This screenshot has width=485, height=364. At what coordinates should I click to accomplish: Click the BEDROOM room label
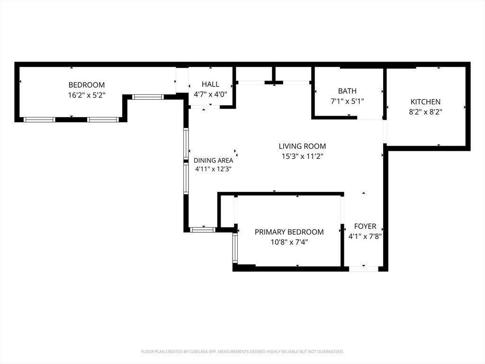[87, 85]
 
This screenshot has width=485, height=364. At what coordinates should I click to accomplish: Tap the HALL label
[210, 84]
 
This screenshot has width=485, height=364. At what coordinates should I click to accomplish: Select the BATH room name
[347, 91]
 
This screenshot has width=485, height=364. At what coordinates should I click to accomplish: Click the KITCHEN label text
[425, 102]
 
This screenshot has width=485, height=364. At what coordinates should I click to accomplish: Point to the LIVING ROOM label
[302, 146]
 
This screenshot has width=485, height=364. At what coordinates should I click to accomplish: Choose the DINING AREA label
[213, 160]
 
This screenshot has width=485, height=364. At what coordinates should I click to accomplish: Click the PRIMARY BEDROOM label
[289, 232]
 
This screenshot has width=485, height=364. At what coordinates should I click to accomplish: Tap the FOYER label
[365, 226]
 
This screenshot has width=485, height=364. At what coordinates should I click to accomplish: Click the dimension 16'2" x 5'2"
[87, 95]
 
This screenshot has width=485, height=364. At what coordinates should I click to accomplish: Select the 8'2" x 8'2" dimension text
[426, 112]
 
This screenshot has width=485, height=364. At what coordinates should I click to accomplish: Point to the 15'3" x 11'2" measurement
[302, 156]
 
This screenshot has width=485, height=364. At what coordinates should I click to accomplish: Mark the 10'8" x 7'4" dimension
[289, 242]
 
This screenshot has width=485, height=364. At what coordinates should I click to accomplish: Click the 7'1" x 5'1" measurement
[347, 101]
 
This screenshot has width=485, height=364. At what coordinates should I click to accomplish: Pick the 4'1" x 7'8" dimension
[365, 237]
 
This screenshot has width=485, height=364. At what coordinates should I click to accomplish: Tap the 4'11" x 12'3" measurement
[214, 169]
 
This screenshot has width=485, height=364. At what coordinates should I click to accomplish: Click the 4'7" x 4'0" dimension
[210, 94]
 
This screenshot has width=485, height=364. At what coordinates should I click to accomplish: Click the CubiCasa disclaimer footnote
[242, 352]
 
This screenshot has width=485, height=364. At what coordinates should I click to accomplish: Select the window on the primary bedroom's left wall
[235, 248]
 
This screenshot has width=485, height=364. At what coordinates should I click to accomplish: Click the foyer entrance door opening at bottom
[363, 269]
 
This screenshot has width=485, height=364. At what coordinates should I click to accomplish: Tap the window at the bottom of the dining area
[202, 230]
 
